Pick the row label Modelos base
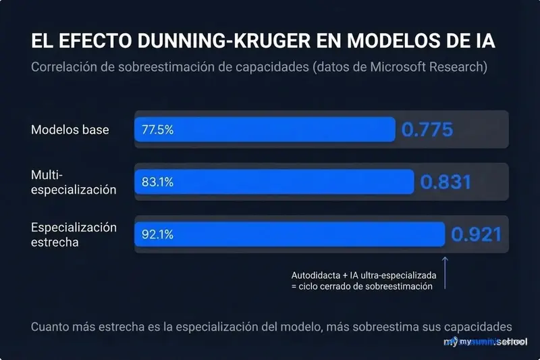(70, 130)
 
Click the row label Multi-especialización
(74, 182)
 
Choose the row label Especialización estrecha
(74, 234)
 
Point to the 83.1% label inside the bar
(157, 182)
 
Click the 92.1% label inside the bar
(157, 234)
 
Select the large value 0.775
(427, 130)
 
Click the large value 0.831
(446, 182)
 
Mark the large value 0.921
(477, 234)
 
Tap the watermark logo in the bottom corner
(486, 342)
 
